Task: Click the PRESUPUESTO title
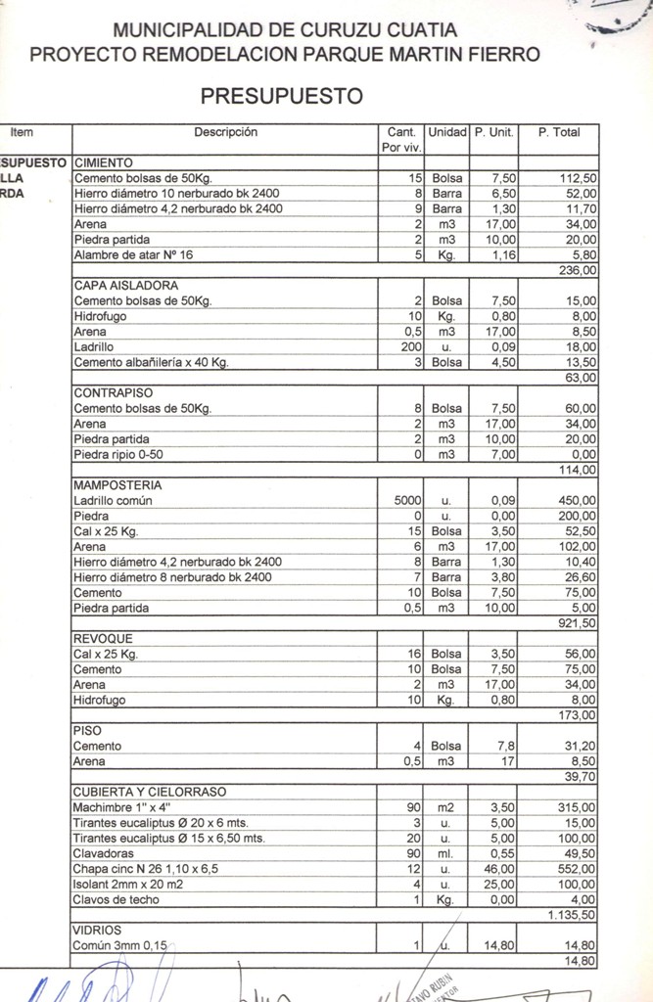click(x=282, y=96)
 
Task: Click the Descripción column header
click(x=225, y=132)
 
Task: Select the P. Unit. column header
click(x=493, y=132)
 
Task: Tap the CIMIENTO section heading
click(x=104, y=163)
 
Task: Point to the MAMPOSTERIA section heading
click(x=117, y=485)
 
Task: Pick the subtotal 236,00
click(x=578, y=270)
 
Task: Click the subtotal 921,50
click(x=576, y=623)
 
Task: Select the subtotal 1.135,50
click(x=572, y=915)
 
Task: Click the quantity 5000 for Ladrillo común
click(x=407, y=501)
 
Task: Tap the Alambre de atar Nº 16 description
click(x=140, y=255)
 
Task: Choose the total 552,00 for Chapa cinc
click(x=577, y=869)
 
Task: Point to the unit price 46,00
click(x=501, y=869)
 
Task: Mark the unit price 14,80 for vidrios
click(x=499, y=946)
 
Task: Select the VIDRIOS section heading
click(x=97, y=931)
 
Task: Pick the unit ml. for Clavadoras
click(x=446, y=853)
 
